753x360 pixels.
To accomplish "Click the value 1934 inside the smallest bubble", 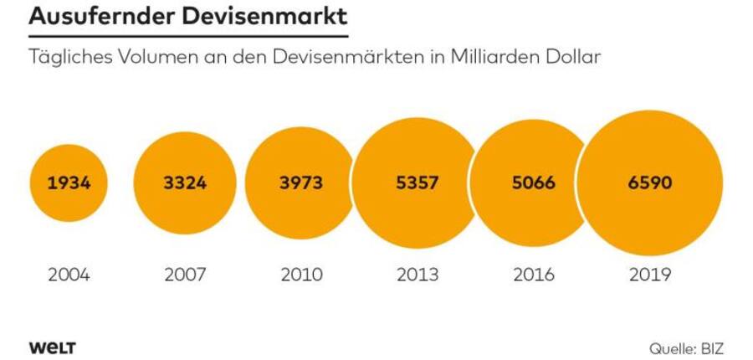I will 69,183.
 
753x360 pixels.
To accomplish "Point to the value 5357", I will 416,183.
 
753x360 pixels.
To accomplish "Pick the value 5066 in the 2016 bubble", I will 533,183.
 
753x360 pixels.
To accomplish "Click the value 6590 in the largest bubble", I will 650,183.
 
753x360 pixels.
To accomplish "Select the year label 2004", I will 69,275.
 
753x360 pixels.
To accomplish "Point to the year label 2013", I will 416,275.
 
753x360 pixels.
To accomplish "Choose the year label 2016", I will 533,275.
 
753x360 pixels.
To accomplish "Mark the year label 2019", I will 650,275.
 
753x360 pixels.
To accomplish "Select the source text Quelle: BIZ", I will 685,347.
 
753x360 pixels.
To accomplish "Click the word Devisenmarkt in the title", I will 266,17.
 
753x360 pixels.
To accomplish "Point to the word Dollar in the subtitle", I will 571,59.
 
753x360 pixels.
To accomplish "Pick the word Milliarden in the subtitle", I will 489,59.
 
